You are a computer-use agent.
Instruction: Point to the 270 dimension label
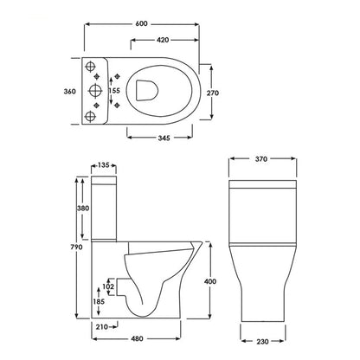point(223,91)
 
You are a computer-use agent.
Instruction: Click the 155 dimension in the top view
point(114,91)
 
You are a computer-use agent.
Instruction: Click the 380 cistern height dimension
point(81,208)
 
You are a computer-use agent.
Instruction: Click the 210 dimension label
point(101,326)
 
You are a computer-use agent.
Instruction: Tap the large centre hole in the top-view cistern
point(92,91)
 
